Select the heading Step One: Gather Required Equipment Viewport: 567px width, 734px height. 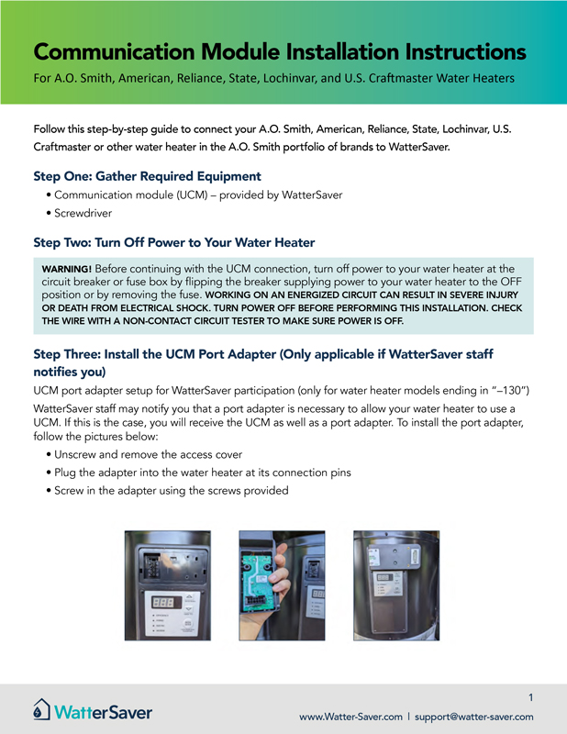[147, 175]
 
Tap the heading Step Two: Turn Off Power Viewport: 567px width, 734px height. [174, 242]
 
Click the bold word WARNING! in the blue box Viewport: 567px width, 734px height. [65, 268]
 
